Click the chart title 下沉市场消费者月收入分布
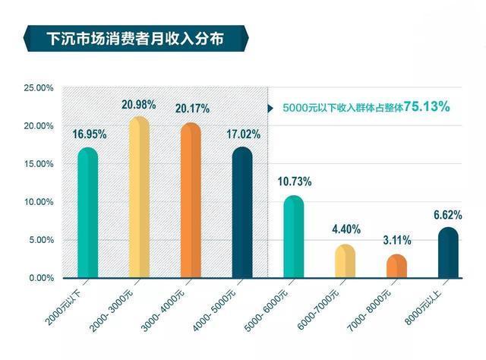click(135, 37)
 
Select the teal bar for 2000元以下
click(88, 216)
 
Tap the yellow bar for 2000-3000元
click(139, 201)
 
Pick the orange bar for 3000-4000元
click(191, 204)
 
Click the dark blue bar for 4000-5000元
click(242, 216)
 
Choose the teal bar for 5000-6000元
click(294, 238)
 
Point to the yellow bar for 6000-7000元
click(346, 262)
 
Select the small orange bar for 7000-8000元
click(396, 267)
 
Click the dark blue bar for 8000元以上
click(448, 254)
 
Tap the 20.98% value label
click(139, 104)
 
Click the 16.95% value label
click(89, 134)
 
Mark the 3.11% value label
click(397, 241)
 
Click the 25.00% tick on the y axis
click(38, 88)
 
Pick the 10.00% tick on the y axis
click(38, 202)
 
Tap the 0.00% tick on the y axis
click(40, 278)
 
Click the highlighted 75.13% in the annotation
click(426, 107)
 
